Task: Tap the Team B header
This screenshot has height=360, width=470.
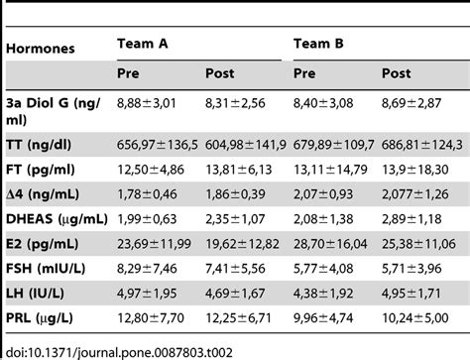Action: pyautogui.click(x=318, y=43)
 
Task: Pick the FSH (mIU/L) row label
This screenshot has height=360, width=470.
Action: pyautogui.click(x=52, y=269)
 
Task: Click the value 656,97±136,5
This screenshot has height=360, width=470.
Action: pyautogui.click(x=157, y=142)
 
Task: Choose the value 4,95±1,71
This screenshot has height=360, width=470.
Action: pyautogui.click(x=412, y=295)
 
